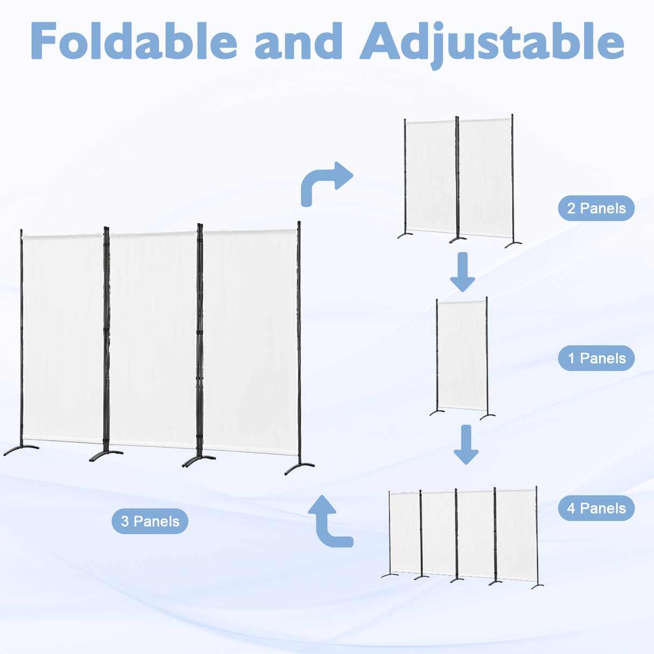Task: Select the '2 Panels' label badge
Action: (x=596, y=208)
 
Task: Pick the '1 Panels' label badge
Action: (x=596, y=358)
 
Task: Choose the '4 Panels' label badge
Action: (x=596, y=508)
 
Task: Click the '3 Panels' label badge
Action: (x=150, y=521)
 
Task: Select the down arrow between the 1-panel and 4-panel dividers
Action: (x=466, y=444)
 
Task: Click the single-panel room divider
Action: (x=462, y=356)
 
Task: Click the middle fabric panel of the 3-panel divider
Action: (x=153, y=339)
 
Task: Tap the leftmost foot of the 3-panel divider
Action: (x=20, y=449)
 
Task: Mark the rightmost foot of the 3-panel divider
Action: (x=300, y=468)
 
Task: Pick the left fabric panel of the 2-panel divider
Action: (x=431, y=176)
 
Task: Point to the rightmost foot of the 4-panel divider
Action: (x=537, y=585)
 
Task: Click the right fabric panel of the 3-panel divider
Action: (x=250, y=342)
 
